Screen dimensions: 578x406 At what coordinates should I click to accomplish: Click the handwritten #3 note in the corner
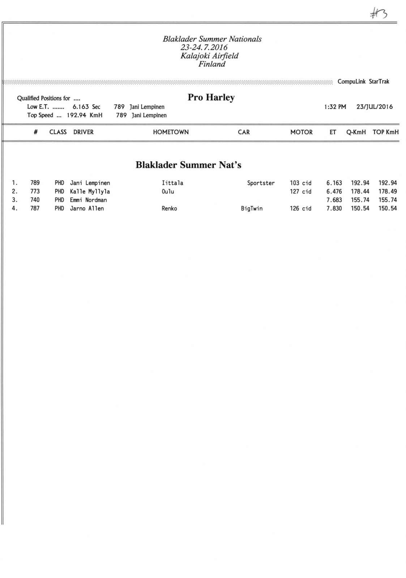(x=379, y=14)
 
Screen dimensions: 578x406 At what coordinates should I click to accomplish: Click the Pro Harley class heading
(x=211, y=98)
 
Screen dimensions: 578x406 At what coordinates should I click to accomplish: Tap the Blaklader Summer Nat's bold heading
(x=188, y=165)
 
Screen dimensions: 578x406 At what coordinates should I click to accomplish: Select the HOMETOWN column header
(x=171, y=132)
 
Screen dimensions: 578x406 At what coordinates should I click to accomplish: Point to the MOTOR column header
(x=301, y=132)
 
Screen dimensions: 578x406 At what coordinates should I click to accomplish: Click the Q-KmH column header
(x=356, y=132)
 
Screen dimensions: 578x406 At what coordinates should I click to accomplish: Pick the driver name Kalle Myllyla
(x=90, y=191)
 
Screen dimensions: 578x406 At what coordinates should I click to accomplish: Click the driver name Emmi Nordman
(x=88, y=200)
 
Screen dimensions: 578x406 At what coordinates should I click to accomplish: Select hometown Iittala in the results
(x=172, y=183)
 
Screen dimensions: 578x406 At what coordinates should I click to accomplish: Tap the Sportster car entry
(x=261, y=183)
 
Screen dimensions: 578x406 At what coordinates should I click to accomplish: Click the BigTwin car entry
(x=252, y=208)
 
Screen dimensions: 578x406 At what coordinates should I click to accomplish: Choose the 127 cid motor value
(x=300, y=191)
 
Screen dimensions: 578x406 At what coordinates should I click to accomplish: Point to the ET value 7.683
(x=334, y=200)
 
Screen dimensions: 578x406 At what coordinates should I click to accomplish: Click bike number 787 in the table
(x=35, y=208)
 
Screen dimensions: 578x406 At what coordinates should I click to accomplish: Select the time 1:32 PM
(x=335, y=107)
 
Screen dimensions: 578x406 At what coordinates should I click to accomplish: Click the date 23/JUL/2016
(x=374, y=107)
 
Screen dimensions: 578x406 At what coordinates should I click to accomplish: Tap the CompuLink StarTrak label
(x=363, y=82)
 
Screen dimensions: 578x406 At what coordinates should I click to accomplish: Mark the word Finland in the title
(x=212, y=64)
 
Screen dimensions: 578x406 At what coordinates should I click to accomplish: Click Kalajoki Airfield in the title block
(x=210, y=56)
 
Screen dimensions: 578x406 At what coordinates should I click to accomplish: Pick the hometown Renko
(x=169, y=208)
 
